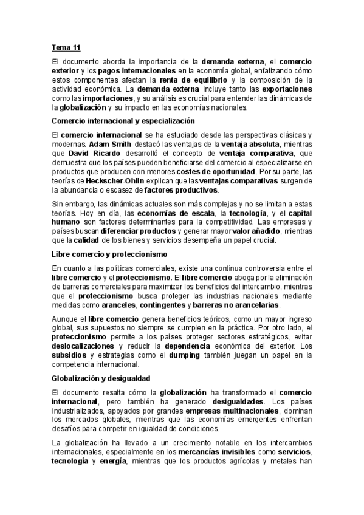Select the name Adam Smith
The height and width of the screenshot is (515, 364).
pos(108,145)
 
